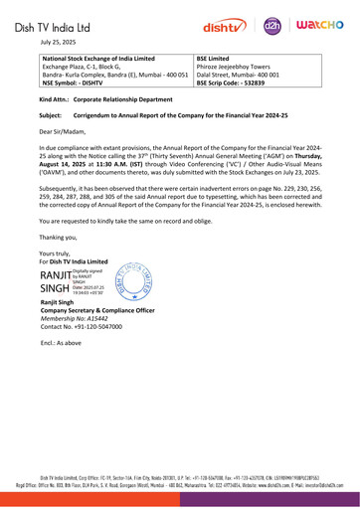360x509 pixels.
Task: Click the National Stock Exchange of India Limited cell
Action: tap(97, 72)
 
